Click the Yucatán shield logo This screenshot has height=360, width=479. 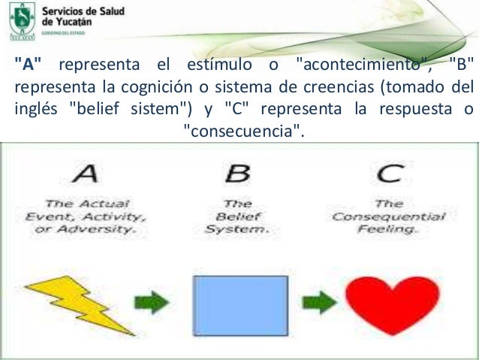[20, 20]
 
